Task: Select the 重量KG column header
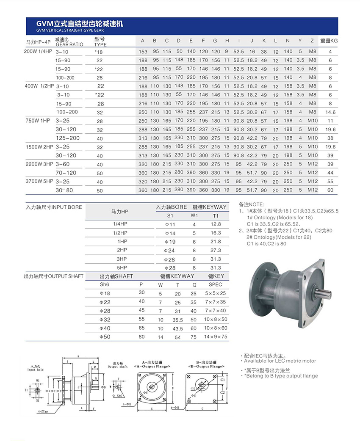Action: pyautogui.click(x=329, y=41)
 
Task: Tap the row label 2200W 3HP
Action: pyautogui.click(x=39, y=164)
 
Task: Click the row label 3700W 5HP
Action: pyautogui.click(x=39, y=181)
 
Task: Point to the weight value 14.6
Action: pyautogui.click(x=330, y=112)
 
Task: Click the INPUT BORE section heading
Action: pyautogui.click(x=54, y=207)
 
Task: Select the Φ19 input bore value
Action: pyautogui.click(x=169, y=241)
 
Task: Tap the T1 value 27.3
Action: pyautogui.click(x=216, y=250)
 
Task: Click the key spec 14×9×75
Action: pyautogui.click(x=216, y=337)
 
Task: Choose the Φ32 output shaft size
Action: pyautogui.click(x=105, y=320)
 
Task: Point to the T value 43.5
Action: pyautogui.click(x=178, y=328)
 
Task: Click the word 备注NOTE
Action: pyautogui.click(x=251, y=204)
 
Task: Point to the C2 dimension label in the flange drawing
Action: pyautogui.click(x=223, y=392)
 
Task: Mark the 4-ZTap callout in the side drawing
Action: pyautogui.click(x=42, y=411)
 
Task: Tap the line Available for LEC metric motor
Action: pyautogui.click(x=280, y=361)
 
